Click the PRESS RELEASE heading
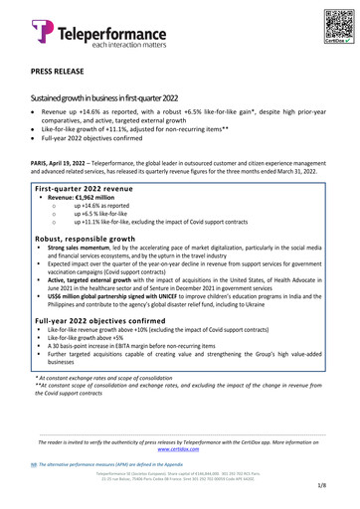click(x=59, y=74)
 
